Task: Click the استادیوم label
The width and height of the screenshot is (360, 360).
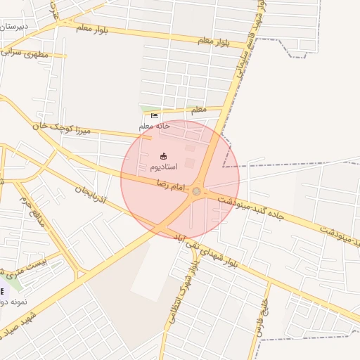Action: point(163,167)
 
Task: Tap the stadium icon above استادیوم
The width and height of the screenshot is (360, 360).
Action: point(164,156)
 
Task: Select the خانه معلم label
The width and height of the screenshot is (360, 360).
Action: point(155,126)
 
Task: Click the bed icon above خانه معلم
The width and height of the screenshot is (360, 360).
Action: point(155,116)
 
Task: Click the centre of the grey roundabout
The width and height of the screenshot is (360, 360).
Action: point(197,191)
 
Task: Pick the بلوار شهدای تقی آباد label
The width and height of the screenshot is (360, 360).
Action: point(211,254)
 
